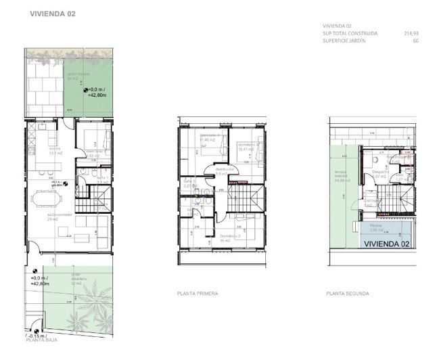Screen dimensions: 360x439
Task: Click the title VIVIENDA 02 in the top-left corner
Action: [x=53, y=13]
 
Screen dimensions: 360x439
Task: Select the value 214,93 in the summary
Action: [x=411, y=33]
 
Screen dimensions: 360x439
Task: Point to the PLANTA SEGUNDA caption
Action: [x=347, y=294]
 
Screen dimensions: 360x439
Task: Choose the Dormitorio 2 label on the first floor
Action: [x=229, y=235]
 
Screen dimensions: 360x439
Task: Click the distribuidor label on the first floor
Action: [x=224, y=170]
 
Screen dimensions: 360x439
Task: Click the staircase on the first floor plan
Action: [x=244, y=198]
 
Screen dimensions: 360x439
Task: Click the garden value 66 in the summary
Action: [x=415, y=41]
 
